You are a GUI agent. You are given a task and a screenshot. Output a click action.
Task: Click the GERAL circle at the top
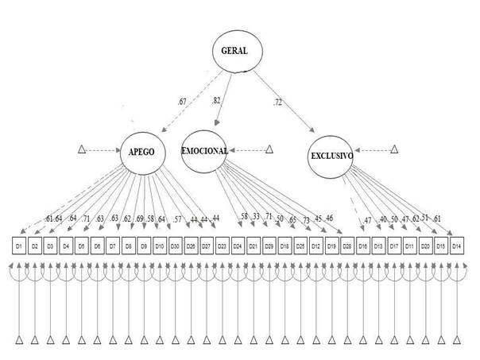click(x=237, y=52)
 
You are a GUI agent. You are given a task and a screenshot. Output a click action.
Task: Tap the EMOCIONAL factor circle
click(x=205, y=150)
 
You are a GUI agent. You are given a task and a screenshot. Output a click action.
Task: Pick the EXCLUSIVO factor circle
click(x=331, y=158)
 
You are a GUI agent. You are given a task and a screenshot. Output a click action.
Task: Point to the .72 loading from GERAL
click(x=277, y=103)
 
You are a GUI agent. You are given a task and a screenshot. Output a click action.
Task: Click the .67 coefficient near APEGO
click(x=182, y=101)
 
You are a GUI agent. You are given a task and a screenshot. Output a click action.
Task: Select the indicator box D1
click(x=19, y=246)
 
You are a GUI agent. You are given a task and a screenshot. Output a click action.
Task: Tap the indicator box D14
click(x=456, y=246)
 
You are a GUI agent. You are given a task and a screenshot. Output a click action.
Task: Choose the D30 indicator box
click(x=175, y=246)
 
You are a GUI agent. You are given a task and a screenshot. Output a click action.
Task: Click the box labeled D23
click(x=222, y=246)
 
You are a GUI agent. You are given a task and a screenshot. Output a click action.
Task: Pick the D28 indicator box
click(x=346, y=246)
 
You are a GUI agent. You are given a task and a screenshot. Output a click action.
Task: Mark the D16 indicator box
click(x=362, y=246)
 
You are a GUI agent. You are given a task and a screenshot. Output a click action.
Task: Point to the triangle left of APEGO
click(x=81, y=149)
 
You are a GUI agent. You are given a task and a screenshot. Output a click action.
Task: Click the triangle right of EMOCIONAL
click(x=269, y=149)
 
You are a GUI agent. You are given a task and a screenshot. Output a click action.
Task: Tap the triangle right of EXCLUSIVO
click(x=394, y=149)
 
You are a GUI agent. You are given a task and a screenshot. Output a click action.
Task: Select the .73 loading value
click(x=305, y=219)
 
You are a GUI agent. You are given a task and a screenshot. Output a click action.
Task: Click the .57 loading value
click(x=178, y=219)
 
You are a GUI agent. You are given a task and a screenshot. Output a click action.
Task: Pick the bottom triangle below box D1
click(x=19, y=342)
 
